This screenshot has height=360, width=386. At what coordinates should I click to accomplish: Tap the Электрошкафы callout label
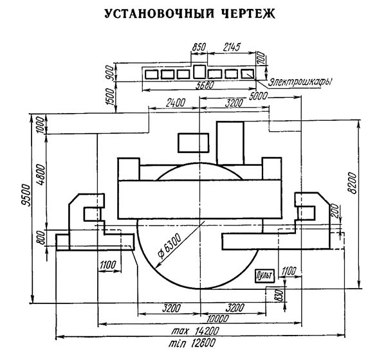click(x=297, y=84)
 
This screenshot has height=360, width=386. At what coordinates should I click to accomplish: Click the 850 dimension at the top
click(x=199, y=48)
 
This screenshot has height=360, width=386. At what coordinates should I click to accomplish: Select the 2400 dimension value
click(x=174, y=102)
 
